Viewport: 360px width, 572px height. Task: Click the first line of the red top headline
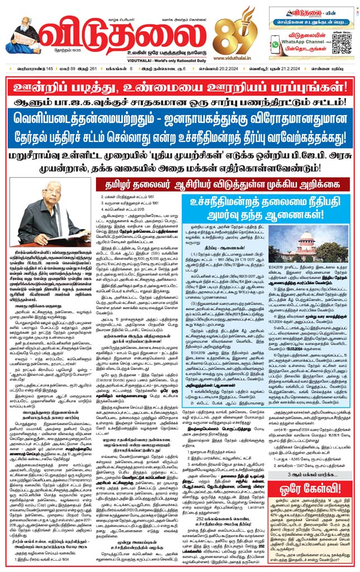[180, 86]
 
